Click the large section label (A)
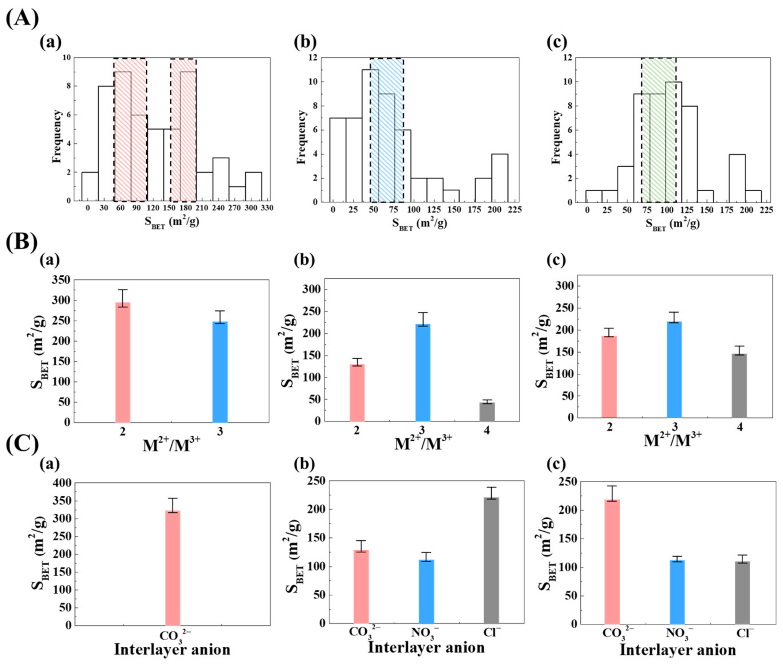(22, 18)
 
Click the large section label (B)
(22, 242)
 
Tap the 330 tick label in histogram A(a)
(267, 208)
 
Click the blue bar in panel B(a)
(220, 372)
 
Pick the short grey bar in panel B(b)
(487, 412)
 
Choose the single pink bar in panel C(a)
(173, 568)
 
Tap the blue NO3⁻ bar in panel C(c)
(677, 592)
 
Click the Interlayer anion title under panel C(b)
(426, 648)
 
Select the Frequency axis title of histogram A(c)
(556, 137)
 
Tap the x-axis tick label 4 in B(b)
(487, 431)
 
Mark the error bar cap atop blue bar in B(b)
(423, 313)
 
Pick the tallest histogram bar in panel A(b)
(370, 136)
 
